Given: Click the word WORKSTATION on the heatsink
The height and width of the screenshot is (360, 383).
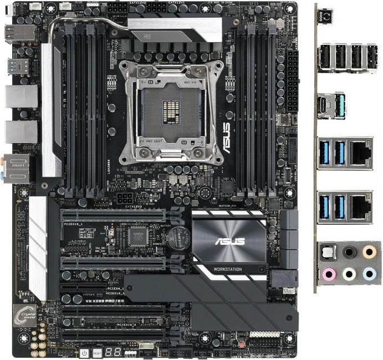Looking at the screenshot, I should coord(229,269).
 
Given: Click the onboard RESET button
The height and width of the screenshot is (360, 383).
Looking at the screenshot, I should coord(97,353).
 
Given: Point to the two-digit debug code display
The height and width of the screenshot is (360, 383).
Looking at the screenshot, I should coord(114,352).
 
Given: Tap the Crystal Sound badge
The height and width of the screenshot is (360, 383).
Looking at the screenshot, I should coord(29,313).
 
